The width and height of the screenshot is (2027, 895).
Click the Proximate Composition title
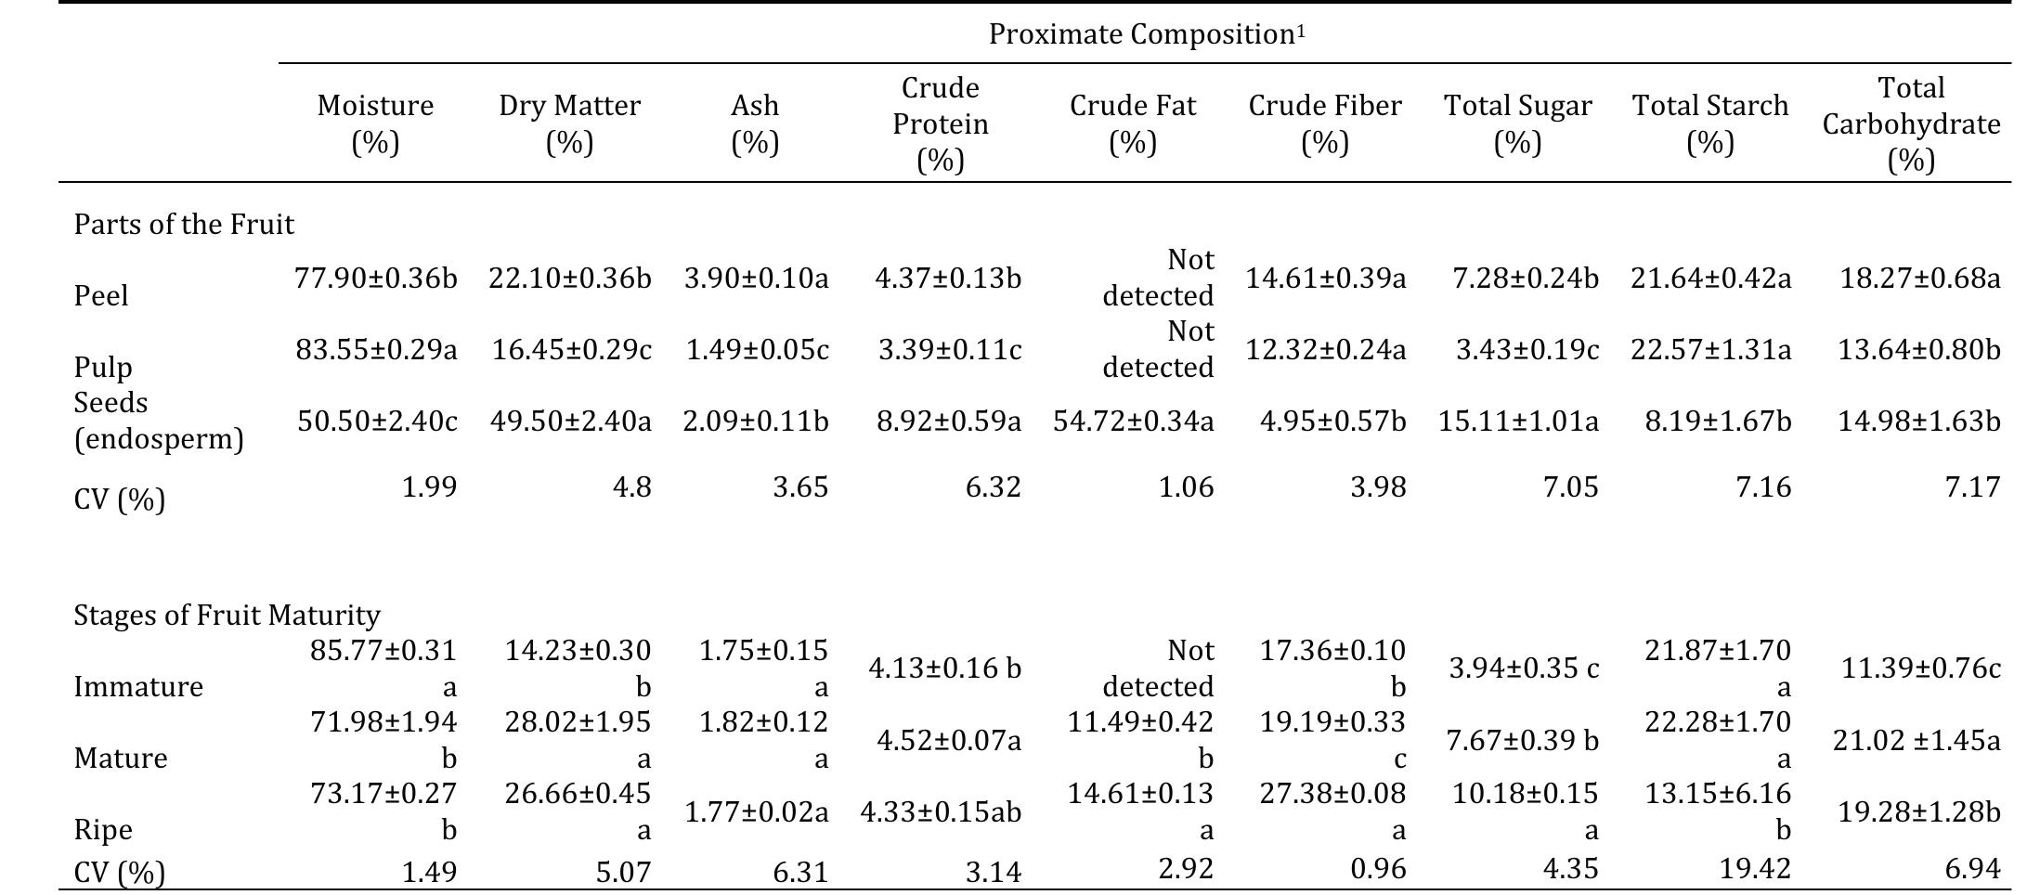click(x=1146, y=34)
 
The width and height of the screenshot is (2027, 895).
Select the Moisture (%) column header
click(x=375, y=123)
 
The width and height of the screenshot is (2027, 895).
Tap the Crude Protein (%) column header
click(x=940, y=123)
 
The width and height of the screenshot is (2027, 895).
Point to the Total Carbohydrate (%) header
click(x=1910, y=123)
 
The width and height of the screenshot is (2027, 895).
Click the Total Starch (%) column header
click(x=1709, y=123)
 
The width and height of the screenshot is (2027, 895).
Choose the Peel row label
click(x=100, y=296)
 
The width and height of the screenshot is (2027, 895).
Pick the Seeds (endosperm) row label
click(x=159, y=421)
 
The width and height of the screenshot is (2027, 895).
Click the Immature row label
click(x=137, y=687)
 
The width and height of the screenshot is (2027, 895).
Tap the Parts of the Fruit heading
click(x=184, y=225)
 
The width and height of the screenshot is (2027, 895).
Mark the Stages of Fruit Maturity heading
click(x=227, y=616)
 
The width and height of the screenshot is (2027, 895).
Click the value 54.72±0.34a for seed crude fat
click(x=1133, y=422)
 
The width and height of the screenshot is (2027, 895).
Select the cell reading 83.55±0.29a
click(x=376, y=350)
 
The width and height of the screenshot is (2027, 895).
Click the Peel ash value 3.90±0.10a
click(x=756, y=279)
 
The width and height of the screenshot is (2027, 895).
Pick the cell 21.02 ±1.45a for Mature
click(x=1916, y=741)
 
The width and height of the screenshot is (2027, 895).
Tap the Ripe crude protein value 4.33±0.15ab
click(x=940, y=812)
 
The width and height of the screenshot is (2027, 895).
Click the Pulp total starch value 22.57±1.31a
click(x=1710, y=350)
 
